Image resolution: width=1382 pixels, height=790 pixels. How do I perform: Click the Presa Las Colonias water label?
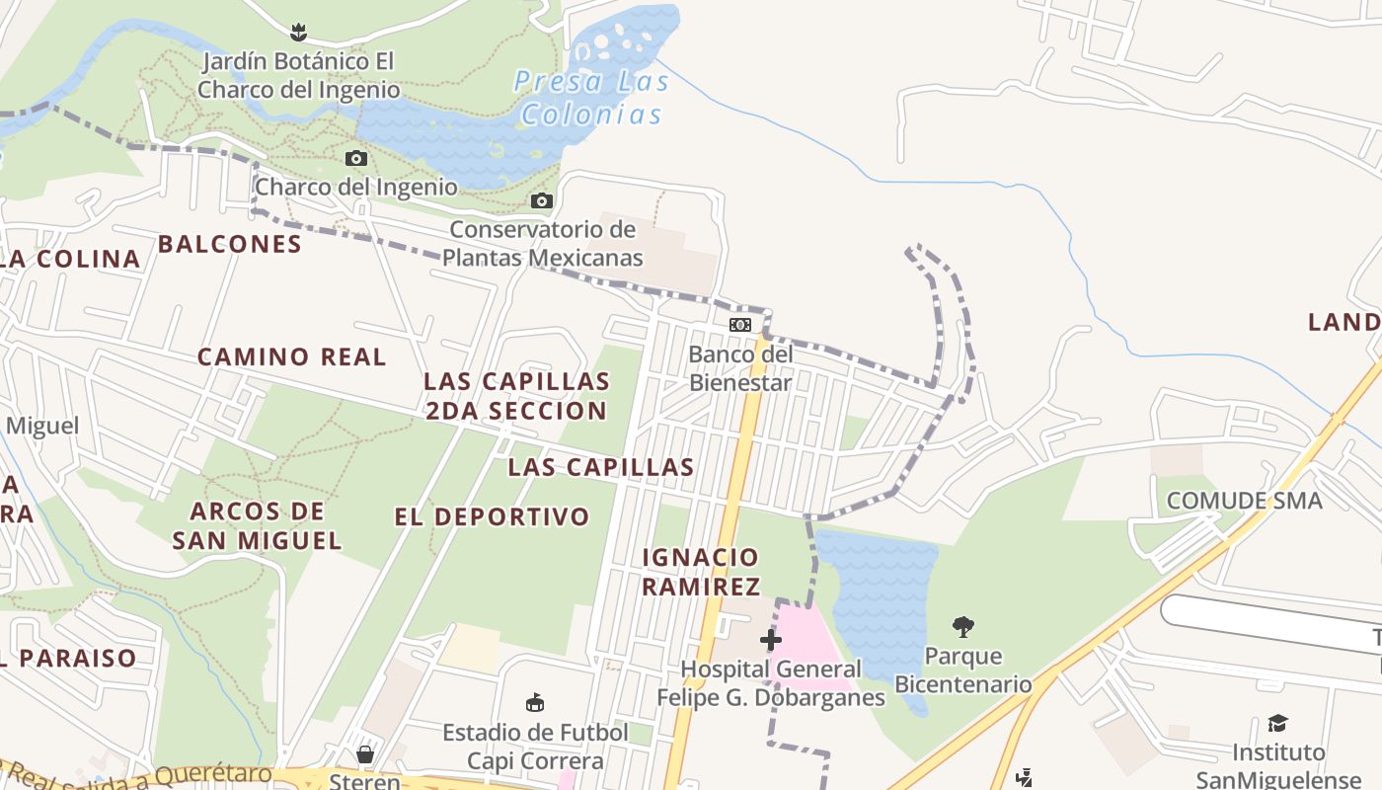point(591,98)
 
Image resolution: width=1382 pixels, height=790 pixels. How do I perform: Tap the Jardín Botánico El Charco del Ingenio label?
point(298,76)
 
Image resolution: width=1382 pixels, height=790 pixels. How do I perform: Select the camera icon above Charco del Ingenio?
point(356,158)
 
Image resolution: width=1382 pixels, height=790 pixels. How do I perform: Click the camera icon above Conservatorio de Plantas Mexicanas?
point(541,201)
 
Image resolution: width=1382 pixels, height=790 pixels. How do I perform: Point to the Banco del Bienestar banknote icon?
point(739,325)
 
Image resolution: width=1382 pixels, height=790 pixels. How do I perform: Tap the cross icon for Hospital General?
point(771,640)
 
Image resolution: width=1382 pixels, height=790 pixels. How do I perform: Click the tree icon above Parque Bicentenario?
point(963,626)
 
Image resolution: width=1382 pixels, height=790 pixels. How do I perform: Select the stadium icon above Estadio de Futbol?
point(535,703)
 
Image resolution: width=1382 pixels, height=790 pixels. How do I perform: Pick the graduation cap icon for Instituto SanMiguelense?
point(1277,724)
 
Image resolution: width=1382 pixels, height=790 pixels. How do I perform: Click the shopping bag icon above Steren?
point(365,755)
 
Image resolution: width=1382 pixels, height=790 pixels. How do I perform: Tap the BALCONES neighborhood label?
point(230,244)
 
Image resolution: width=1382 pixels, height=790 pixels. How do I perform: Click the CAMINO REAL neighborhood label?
point(292,356)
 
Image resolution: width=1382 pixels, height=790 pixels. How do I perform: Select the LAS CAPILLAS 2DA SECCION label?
point(516,395)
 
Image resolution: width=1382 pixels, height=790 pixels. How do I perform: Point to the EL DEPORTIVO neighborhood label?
point(492,516)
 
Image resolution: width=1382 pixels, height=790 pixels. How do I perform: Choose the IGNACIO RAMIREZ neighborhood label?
point(701,572)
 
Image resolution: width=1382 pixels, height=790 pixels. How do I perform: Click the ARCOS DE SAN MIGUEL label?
point(257,525)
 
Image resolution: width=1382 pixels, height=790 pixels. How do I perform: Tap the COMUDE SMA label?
point(1244,501)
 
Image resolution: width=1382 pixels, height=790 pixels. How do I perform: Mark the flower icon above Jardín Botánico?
point(298,32)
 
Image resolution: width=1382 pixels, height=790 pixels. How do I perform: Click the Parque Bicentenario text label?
point(962,670)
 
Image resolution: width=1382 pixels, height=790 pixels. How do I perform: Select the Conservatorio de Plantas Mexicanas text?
point(542,244)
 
